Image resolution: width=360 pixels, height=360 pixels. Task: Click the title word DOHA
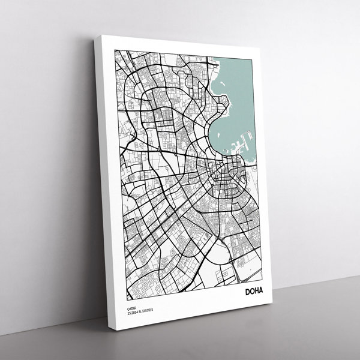click(257, 292)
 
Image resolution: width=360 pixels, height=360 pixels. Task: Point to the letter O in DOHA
click(254, 292)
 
